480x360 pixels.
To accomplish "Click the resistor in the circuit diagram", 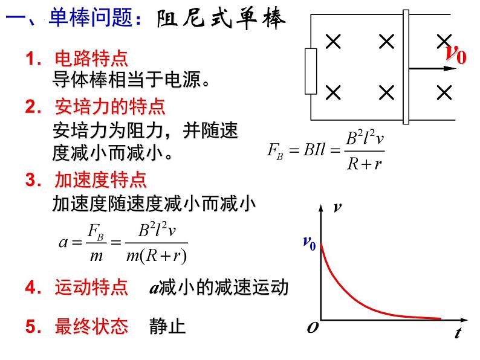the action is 311,71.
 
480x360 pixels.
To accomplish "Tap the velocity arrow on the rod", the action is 432,69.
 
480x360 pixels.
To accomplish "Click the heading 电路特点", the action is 91,60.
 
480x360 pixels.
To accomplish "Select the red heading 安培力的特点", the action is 109,108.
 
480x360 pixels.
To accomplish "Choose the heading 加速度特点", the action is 100,180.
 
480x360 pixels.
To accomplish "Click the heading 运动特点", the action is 91,288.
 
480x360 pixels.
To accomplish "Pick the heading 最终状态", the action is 91,327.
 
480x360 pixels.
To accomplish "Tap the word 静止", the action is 167,327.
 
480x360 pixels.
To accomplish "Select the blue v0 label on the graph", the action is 309,242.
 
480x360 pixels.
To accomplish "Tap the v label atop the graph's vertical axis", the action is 337,208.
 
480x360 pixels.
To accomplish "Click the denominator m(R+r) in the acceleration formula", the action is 158,256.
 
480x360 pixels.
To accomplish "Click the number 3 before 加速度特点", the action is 30,180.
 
